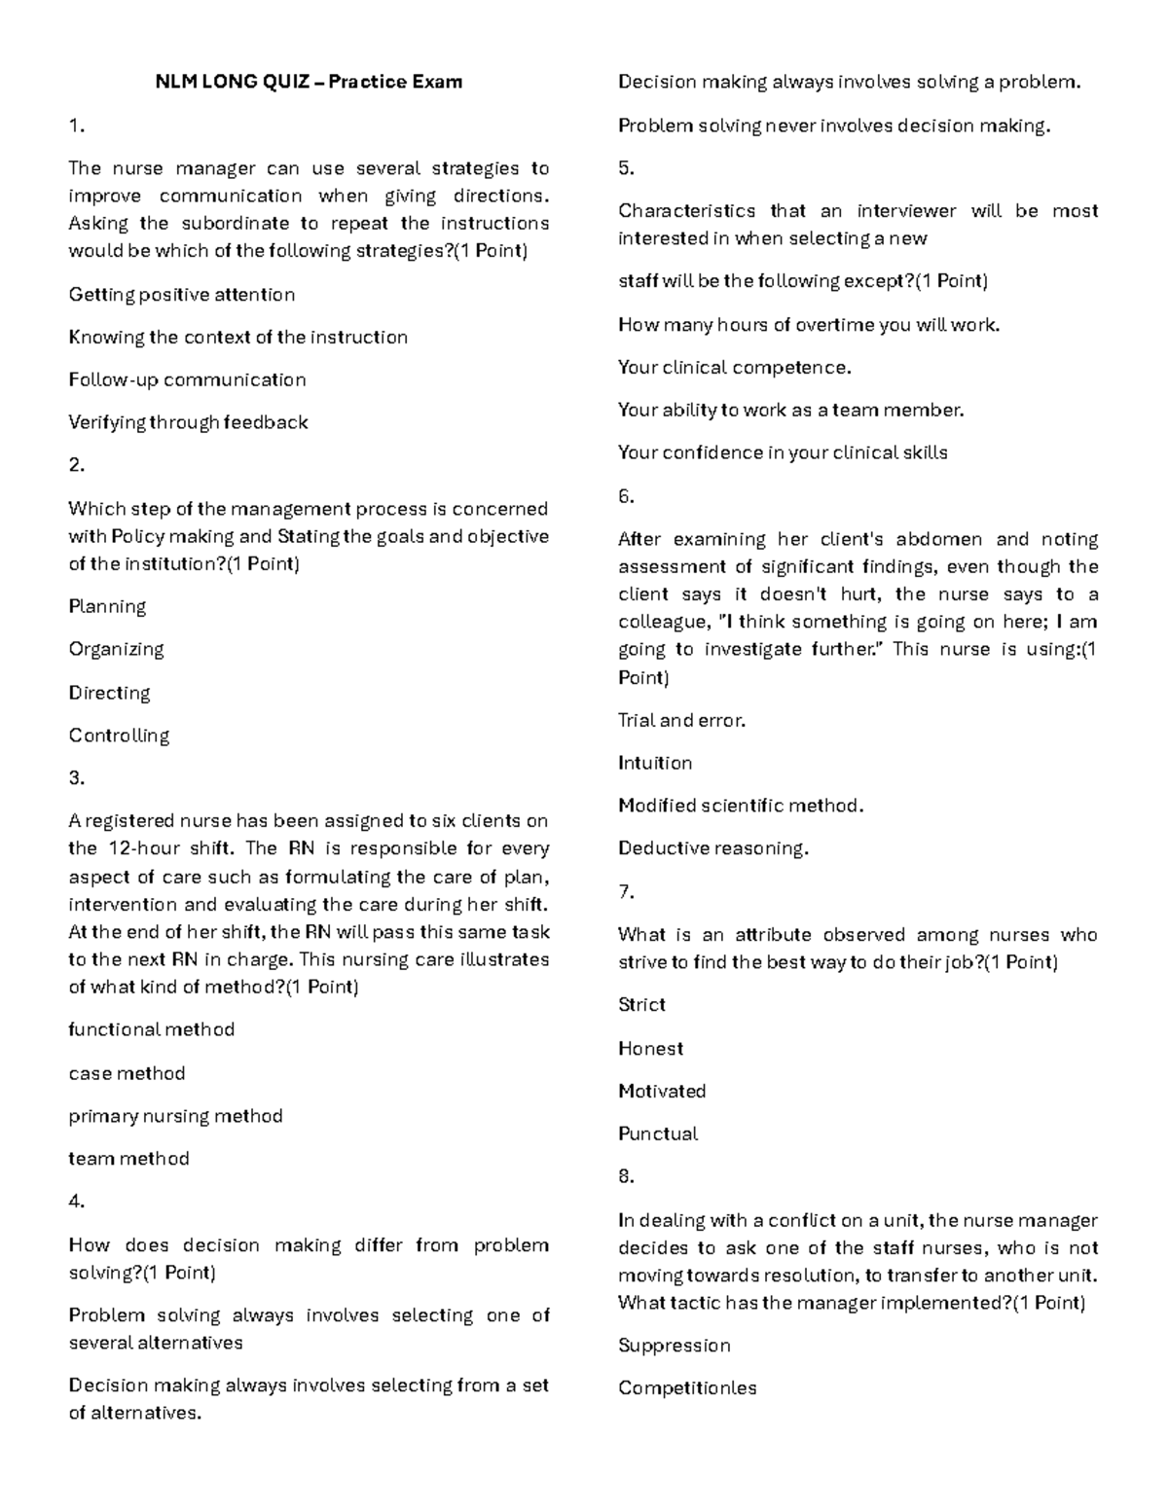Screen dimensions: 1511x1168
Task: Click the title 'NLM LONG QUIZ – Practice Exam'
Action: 309,82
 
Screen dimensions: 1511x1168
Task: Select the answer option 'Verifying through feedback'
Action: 188,422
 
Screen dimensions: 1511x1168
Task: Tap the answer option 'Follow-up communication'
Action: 187,379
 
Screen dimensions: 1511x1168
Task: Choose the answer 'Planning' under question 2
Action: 107,606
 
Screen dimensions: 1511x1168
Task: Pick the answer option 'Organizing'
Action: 116,649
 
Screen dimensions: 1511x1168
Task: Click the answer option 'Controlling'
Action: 119,736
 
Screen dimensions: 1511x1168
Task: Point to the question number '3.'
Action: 77,777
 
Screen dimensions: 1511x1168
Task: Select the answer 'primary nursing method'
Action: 175,1116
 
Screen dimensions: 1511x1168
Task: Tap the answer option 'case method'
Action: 127,1073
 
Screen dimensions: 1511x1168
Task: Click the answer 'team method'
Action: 128,1159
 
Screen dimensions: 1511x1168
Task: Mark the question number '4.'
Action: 77,1202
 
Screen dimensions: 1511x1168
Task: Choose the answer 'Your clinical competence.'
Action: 735,367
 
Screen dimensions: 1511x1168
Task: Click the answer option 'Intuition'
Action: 655,763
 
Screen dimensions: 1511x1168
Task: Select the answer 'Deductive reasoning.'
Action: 713,848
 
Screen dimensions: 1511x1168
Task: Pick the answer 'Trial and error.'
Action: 681,720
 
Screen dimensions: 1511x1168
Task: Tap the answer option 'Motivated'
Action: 662,1091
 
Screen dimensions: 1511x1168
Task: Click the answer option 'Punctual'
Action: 658,1133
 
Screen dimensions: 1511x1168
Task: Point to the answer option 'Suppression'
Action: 675,1346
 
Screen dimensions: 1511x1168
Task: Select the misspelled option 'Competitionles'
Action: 687,1388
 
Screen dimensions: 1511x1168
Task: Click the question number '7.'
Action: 626,891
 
